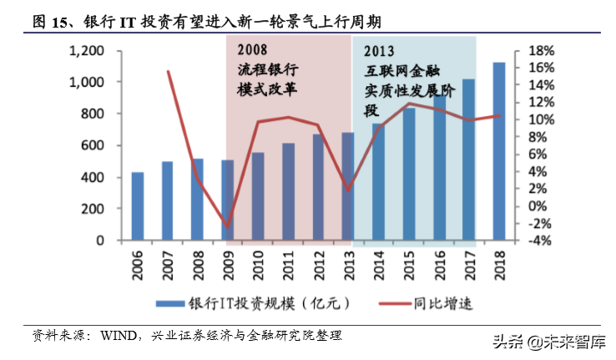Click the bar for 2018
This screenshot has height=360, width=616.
point(498,152)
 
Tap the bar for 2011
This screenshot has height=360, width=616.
point(288,193)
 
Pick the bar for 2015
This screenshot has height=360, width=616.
point(409,175)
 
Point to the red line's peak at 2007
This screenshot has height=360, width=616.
point(168,71)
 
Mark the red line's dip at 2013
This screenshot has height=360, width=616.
point(348,190)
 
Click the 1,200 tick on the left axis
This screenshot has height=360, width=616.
point(86,51)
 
